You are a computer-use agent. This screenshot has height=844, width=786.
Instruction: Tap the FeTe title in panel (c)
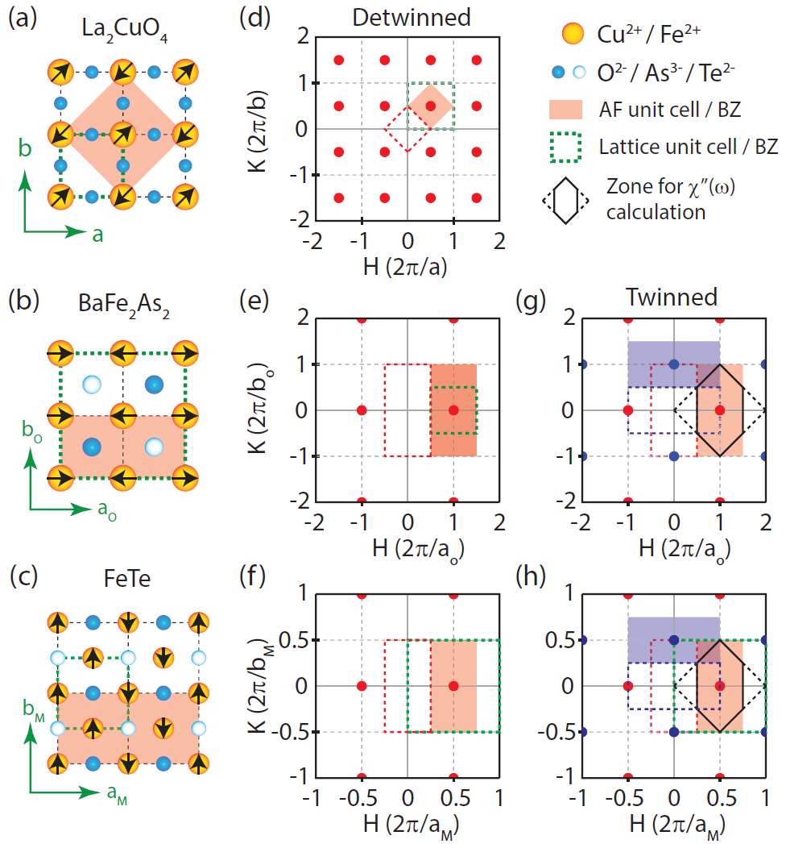(x=121, y=580)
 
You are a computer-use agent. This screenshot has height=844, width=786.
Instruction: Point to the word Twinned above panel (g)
(x=673, y=297)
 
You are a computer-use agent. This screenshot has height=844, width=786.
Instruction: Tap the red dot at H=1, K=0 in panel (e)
(x=453, y=410)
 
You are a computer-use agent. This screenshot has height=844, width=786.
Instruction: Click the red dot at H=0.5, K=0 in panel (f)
(x=453, y=686)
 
